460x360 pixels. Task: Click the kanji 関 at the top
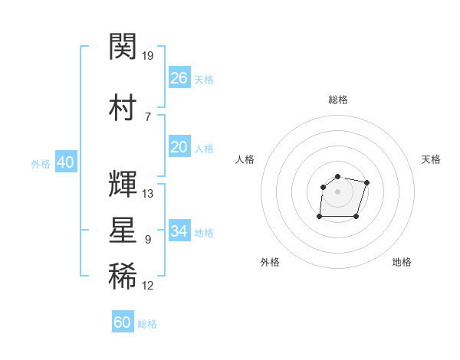[x=123, y=46]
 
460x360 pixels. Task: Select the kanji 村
[x=123, y=107]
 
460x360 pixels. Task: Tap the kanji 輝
[x=123, y=184]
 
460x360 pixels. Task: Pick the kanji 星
[x=123, y=230]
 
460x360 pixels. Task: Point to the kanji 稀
[x=123, y=276]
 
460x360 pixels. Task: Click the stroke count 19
[x=147, y=56]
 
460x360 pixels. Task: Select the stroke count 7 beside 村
[x=148, y=117]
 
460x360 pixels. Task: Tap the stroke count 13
[x=147, y=194]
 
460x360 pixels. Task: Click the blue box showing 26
[x=179, y=77]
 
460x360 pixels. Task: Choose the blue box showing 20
[x=179, y=146]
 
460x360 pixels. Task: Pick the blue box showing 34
[x=179, y=230]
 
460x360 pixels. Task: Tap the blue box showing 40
[x=66, y=162]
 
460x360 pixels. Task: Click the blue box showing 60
[x=123, y=321]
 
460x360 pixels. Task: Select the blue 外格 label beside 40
[x=41, y=164]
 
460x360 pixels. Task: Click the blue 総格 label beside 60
[x=147, y=324]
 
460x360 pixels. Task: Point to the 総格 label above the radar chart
[x=338, y=100]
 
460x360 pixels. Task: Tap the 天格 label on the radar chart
[x=431, y=159]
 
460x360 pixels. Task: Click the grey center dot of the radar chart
[x=337, y=191]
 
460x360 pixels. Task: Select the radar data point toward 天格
[x=366, y=182]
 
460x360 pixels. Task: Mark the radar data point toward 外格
[x=320, y=216]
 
